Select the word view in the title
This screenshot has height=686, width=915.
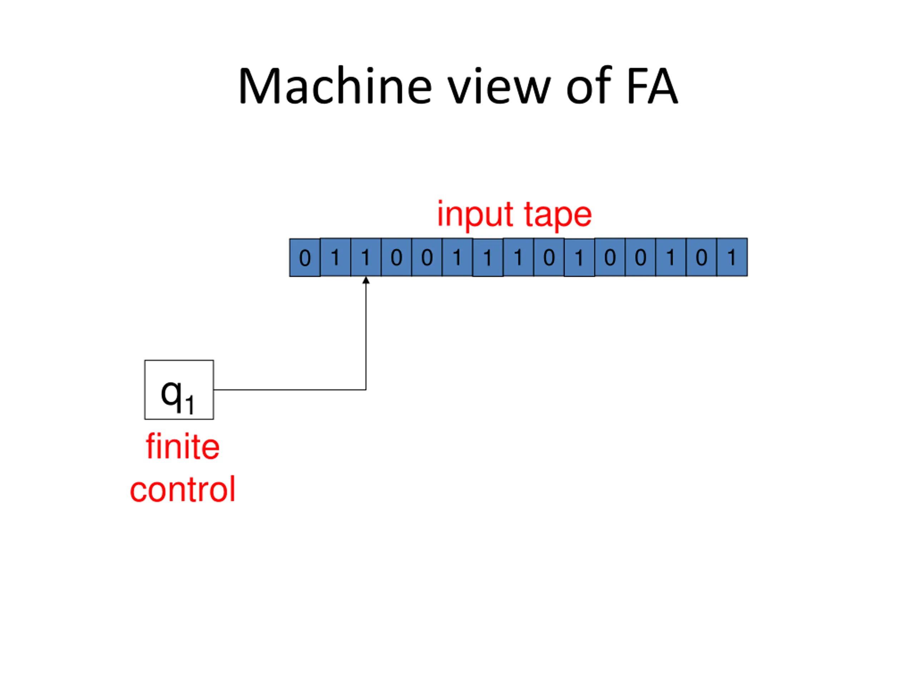[x=500, y=86]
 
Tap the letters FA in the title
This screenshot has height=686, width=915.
[x=652, y=86]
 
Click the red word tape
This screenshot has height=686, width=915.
[x=558, y=215]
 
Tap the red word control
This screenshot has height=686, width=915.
[x=182, y=489]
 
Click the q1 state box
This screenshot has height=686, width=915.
[x=179, y=389]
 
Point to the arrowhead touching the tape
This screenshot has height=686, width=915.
[x=366, y=280]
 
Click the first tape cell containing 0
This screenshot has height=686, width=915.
[x=305, y=258]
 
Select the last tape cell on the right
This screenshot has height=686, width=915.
[x=732, y=257]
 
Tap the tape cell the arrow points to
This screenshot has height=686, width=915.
[x=366, y=257]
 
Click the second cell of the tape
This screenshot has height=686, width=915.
[x=336, y=257]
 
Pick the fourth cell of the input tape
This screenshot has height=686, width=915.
[x=396, y=257]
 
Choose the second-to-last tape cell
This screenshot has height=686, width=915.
[x=702, y=257]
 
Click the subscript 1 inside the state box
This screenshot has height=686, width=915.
[x=190, y=405]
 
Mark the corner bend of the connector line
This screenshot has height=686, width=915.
[x=366, y=389]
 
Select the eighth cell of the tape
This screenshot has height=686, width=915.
[x=518, y=257]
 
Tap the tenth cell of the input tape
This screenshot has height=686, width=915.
[x=579, y=258]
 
